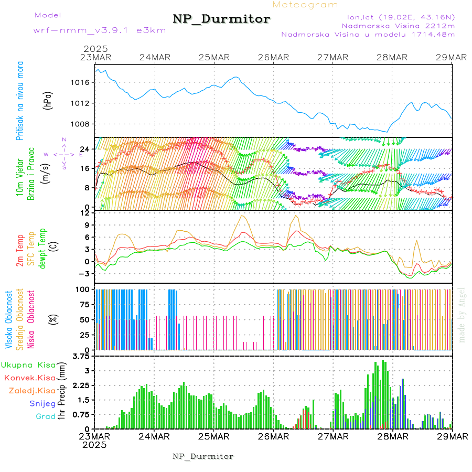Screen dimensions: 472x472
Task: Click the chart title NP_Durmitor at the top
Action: (x=221, y=19)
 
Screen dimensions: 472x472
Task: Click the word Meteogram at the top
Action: (x=306, y=5)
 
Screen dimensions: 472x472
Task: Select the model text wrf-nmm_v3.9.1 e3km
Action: (x=99, y=30)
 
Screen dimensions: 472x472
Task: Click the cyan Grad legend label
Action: (x=46, y=417)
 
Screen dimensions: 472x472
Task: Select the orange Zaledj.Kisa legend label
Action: (x=32, y=391)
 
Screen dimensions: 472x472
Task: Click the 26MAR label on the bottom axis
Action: (x=273, y=436)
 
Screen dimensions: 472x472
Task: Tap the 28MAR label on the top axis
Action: (x=393, y=57)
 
